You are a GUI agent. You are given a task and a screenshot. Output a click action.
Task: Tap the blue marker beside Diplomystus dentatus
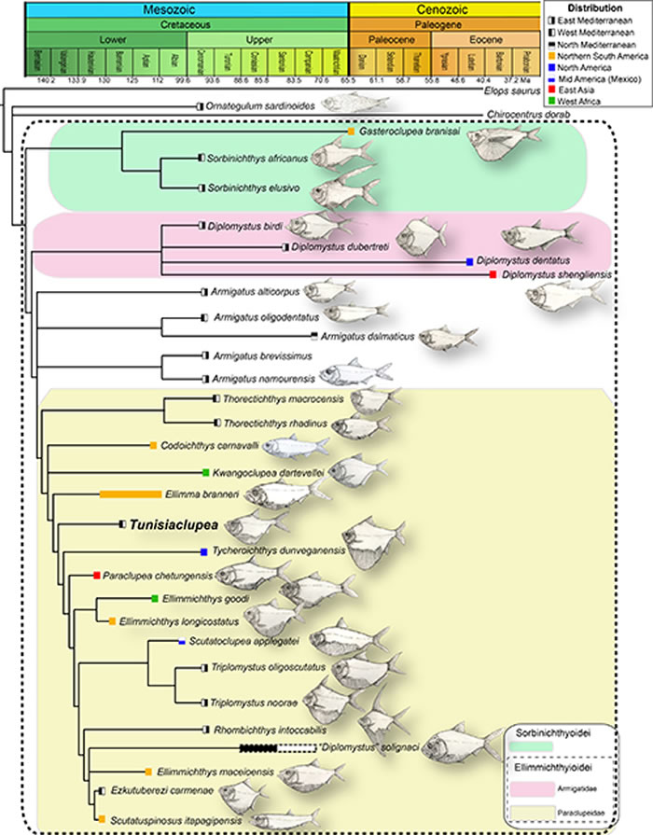pos(469,262)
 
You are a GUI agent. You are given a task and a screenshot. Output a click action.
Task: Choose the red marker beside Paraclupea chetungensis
pos(97,576)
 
